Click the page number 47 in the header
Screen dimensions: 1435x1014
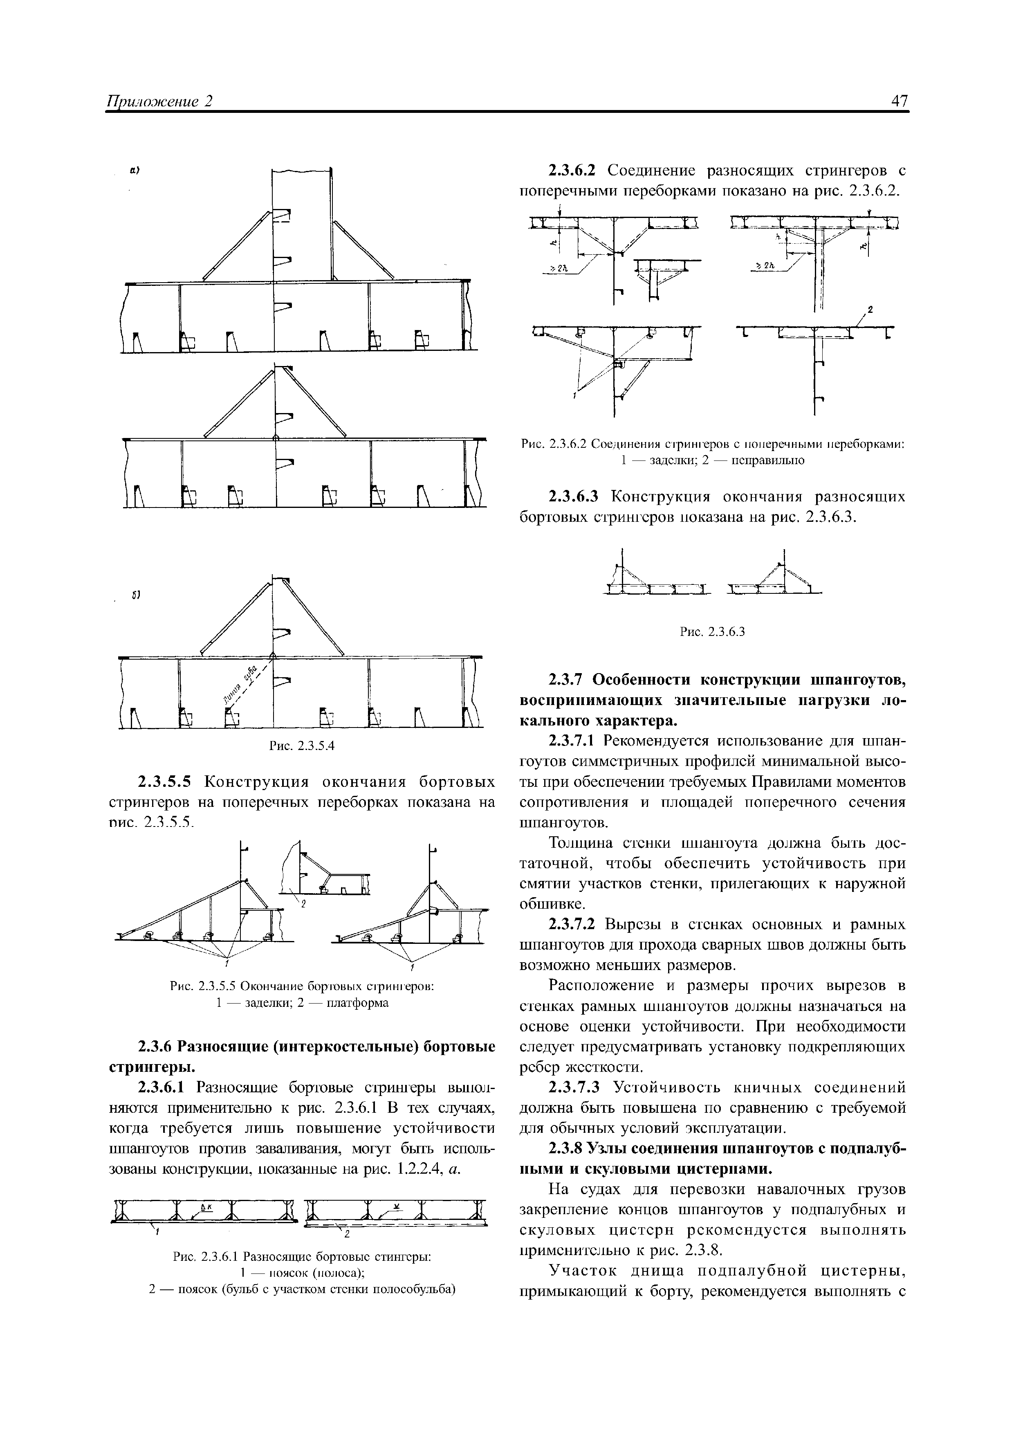coord(900,101)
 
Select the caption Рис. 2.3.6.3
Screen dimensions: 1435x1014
coord(712,632)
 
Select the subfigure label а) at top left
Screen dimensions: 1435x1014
coord(134,170)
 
